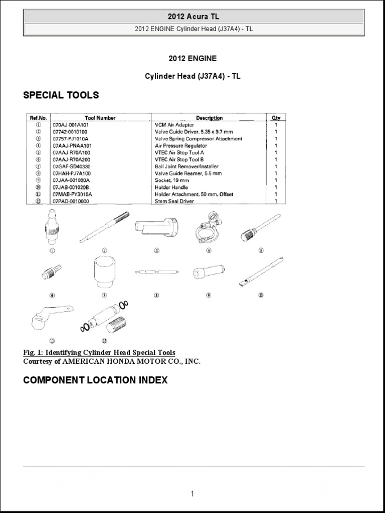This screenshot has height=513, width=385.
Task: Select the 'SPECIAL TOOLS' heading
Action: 61,95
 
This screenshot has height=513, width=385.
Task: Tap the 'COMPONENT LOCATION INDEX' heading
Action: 95,380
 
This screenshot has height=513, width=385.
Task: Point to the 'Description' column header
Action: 210,118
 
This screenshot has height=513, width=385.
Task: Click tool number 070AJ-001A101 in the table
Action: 73,124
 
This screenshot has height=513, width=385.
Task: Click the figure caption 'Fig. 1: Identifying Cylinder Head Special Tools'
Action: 99,353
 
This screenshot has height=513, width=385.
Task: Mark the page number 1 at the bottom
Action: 192,494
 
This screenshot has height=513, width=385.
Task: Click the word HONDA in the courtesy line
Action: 117,361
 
